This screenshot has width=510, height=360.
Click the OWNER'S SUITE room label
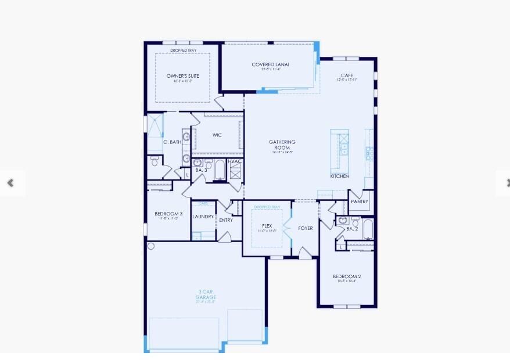pyautogui.click(x=183, y=76)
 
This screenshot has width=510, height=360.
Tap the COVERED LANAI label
pyautogui.click(x=270, y=64)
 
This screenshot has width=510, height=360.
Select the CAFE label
pyautogui.click(x=347, y=75)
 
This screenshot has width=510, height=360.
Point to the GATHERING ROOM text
pyautogui.click(x=282, y=145)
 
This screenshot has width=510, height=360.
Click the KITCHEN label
pyautogui.click(x=340, y=176)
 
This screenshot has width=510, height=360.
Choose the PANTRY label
pyautogui.click(x=360, y=201)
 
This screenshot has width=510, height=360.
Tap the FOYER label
pyautogui.click(x=306, y=228)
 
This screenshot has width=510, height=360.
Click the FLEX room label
pyautogui.click(x=267, y=225)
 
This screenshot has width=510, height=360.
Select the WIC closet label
pyautogui.click(x=217, y=135)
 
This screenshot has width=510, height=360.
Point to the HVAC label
pyautogui.click(x=235, y=161)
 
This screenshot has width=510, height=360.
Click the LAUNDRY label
pyautogui.click(x=203, y=217)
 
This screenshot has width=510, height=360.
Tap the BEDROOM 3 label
pyautogui.click(x=168, y=214)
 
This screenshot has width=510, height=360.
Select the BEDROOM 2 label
pyautogui.click(x=347, y=276)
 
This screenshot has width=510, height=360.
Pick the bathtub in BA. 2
pyautogui.click(x=368, y=229)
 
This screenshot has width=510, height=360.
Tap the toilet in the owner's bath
pyautogui.click(x=155, y=161)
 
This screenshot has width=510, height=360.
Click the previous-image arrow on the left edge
pyautogui.click(x=10, y=183)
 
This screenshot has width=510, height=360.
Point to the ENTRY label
pyautogui.click(x=226, y=220)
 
